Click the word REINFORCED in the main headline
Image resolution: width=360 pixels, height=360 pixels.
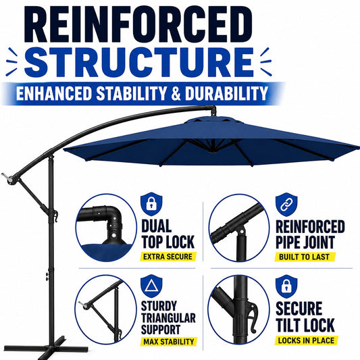pyautogui.click(x=138, y=24)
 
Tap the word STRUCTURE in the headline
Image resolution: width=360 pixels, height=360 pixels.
pyautogui.click(x=139, y=62)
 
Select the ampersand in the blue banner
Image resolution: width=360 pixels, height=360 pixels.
pyautogui.click(x=176, y=93)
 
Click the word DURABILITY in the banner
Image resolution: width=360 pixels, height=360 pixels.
pyautogui.click(x=227, y=93)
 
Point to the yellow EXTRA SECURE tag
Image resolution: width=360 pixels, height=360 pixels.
pyautogui.click(x=168, y=257)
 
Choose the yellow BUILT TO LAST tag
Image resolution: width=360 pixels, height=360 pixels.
pyautogui.click(x=305, y=257)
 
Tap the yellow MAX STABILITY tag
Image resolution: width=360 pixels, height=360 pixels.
pyautogui.click(x=169, y=342)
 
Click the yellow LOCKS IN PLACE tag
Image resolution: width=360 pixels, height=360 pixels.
pyautogui.click(x=306, y=340)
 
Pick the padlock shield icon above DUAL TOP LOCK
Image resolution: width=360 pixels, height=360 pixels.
pyautogui.click(x=151, y=204)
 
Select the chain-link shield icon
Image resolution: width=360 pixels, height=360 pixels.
pyautogui.click(x=286, y=205)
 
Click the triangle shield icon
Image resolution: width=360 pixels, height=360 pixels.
pyautogui.click(x=151, y=286)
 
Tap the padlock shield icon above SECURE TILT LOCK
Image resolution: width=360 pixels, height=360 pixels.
pyautogui.click(x=286, y=286)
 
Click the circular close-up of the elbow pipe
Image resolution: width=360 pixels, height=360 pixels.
pyautogui.click(x=106, y=228)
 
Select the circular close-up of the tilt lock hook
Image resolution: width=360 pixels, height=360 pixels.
pyautogui.click(x=239, y=310)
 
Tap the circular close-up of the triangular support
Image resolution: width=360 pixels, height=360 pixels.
pyautogui.click(x=105, y=309)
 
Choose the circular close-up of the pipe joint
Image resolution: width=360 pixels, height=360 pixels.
pyautogui.click(x=239, y=228)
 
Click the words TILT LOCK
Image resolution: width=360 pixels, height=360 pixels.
pyautogui.click(x=305, y=325)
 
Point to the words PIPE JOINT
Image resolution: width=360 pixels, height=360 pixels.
pyautogui.click(x=305, y=242)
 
